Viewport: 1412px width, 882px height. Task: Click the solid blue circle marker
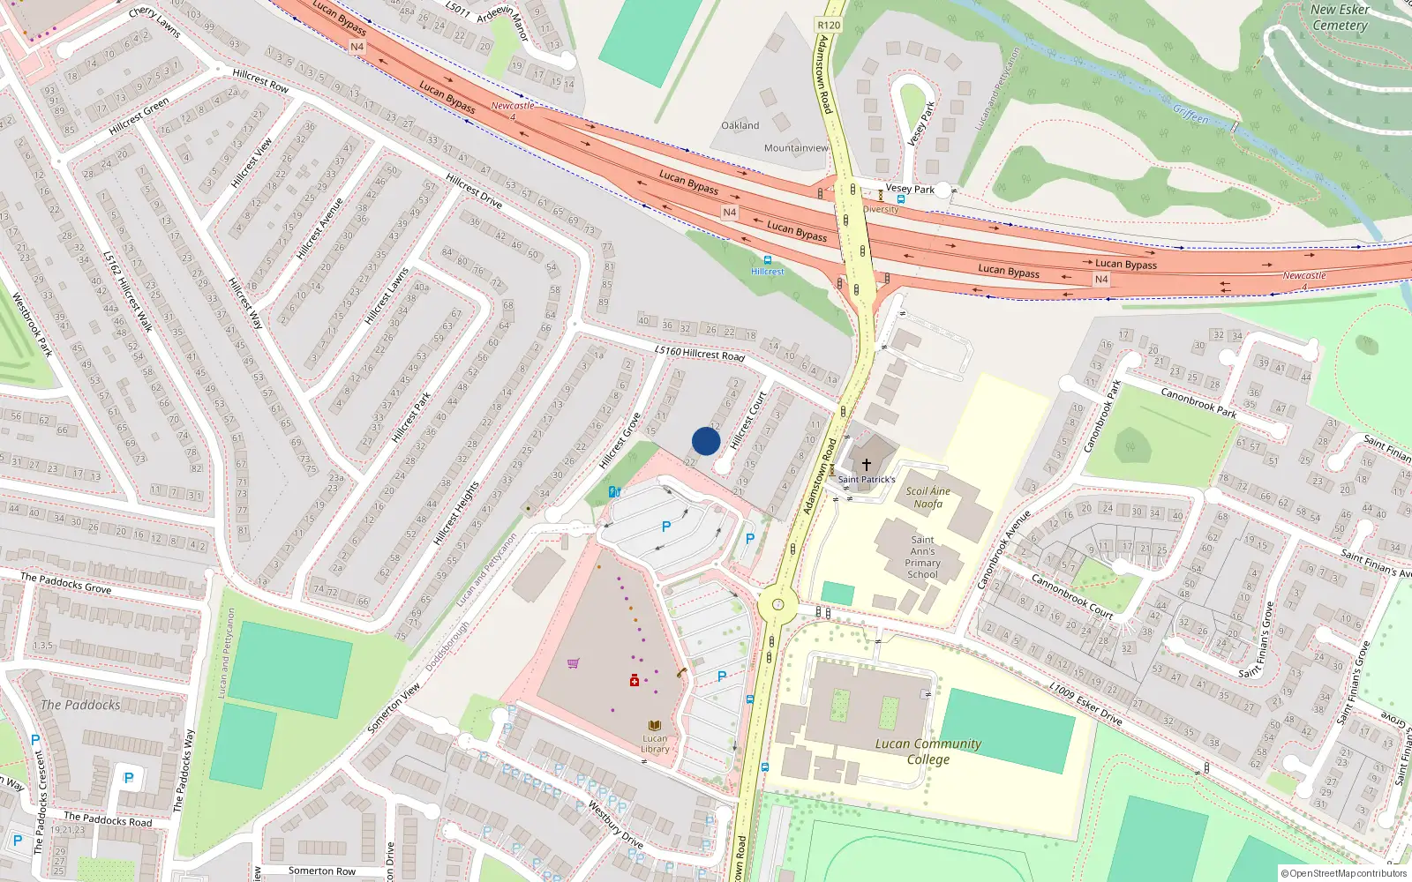click(706, 441)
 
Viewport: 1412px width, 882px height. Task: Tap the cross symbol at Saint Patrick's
click(867, 464)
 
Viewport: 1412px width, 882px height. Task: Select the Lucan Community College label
click(928, 751)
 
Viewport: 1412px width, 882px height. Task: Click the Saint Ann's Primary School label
click(923, 557)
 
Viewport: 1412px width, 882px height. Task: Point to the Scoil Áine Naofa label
click(928, 497)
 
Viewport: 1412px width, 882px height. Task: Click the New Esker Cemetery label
click(1340, 18)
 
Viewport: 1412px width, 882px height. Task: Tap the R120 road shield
click(829, 25)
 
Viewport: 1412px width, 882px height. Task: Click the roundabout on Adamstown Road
click(777, 605)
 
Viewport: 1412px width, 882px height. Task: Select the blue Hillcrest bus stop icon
click(767, 260)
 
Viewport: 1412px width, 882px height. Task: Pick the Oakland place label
click(740, 125)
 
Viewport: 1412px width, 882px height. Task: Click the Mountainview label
click(796, 148)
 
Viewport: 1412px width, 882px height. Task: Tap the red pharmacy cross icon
click(635, 680)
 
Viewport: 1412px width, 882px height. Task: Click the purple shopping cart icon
click(574, 663)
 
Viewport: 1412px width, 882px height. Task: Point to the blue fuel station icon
click(614, 492)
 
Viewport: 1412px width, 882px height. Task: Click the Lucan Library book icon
click(655, 726)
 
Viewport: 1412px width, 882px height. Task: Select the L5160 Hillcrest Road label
click(700, 353)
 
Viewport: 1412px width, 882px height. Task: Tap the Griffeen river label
click(1190, 114)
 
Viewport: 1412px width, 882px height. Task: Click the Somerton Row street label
click(322, 871)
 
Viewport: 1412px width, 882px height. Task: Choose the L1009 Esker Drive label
click(1085, 704)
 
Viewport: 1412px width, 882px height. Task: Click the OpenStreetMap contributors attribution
click(1344, 874)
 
